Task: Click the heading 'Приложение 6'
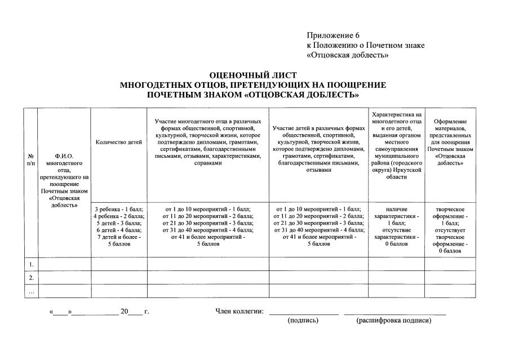(333, 35)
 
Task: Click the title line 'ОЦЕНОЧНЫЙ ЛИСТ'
(252, 75)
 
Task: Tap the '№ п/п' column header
(30, 159)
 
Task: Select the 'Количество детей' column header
(119, 143)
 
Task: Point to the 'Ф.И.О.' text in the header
(64, 155)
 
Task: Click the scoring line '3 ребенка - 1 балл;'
(119, 209)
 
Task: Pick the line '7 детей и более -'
(119, 237)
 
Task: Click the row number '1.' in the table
(31, 264)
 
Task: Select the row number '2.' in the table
(31, 278)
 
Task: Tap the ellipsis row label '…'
(31, 291)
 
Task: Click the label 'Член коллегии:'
(240, 311)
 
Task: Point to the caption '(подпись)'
(303, 321)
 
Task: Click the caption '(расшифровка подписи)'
(394, 321)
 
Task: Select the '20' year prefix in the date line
(125, 311)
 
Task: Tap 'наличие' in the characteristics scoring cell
(396, 209)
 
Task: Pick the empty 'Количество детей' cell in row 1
(119, 264)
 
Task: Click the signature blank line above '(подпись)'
(303, 313)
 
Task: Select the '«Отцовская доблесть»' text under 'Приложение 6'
(348, 55)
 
